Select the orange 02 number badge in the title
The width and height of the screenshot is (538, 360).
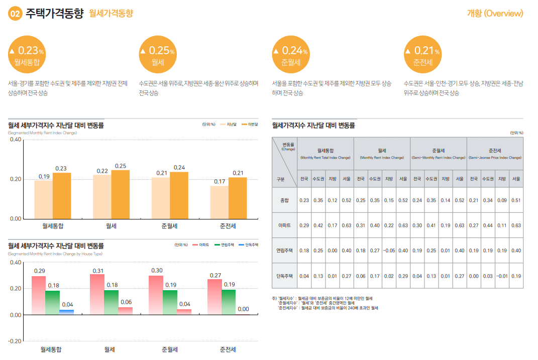pyautogui.click(x=15, y=14)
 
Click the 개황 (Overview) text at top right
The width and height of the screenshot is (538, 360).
pyautogui.click(x=495, y=14)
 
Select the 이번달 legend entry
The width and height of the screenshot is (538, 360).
pyautogui.click(x=250, y=124)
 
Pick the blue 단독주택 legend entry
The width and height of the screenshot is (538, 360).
pyautogui.click(x=249, y=245)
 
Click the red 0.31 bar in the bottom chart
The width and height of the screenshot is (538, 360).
pyautogui.click(x=97, y=294)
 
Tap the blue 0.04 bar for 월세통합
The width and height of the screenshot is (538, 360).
pyautogui.click(x=66, y=312)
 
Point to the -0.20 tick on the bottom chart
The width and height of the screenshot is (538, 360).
pyautogui.click(x=15, y=341)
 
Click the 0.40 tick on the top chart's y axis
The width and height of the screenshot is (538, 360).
pyautogui.click(x=16, y=140)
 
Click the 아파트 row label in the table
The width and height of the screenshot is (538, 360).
pyautogui.click(x=285, y=225)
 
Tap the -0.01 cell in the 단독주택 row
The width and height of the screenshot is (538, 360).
pyautogui.click(x=501, y=276)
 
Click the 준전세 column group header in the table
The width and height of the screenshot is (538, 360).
pyautogui.click(x=495, y=151)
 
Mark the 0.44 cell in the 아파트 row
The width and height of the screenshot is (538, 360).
pyautogui.click(x=487, y=225)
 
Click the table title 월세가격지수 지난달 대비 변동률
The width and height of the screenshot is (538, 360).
pyautogui.click(x=313, y=126)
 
